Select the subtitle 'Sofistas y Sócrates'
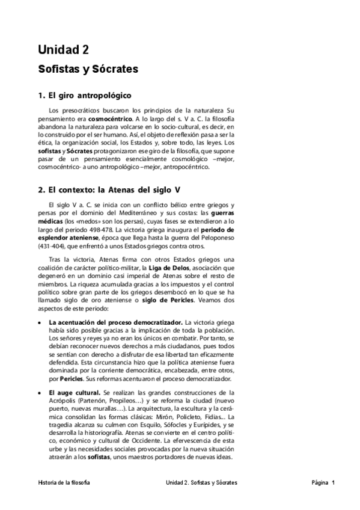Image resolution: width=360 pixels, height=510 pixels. click(x=88, y=69)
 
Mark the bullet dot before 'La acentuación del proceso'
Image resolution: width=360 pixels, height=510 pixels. click(x=40, y=323)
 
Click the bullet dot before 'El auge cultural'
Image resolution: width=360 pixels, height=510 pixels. click(x=40, y=393)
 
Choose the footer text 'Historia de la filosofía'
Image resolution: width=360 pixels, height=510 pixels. click(x=64, y=482)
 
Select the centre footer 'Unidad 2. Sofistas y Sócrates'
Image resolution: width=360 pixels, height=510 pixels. click(x=201, y=482)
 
